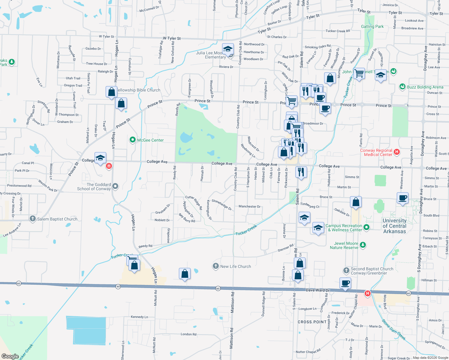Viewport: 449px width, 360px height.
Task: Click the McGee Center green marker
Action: [133, 140]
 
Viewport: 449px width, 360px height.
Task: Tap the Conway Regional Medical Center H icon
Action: [397, 152]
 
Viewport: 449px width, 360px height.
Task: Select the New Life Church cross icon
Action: [215, 266]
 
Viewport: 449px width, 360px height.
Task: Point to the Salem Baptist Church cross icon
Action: [33, 219]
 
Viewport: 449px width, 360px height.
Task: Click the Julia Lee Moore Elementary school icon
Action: [228, 49]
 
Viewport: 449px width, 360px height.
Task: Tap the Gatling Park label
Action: [372, 26]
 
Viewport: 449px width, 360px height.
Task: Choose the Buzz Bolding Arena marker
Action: [402, 87]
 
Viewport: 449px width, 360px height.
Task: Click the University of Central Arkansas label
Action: [394, 226]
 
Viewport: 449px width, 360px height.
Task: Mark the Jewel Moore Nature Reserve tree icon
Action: [363, 245]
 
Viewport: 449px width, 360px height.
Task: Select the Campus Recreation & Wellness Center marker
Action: [366, 227]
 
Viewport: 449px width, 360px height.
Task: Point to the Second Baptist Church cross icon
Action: [346, 271]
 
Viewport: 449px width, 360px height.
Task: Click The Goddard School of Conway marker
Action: [115, 187]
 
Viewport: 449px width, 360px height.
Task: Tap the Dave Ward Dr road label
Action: [318, 290]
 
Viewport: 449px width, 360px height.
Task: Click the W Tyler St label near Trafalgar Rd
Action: [172, 38]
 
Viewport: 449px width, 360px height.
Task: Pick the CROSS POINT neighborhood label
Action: [312, 322]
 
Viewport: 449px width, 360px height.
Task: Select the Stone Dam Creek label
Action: [394, 330]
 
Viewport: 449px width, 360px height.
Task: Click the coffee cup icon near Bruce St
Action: [402, 198]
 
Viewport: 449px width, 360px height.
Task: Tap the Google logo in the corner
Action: [10, 356]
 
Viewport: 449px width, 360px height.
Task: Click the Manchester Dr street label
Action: [249, 206]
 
